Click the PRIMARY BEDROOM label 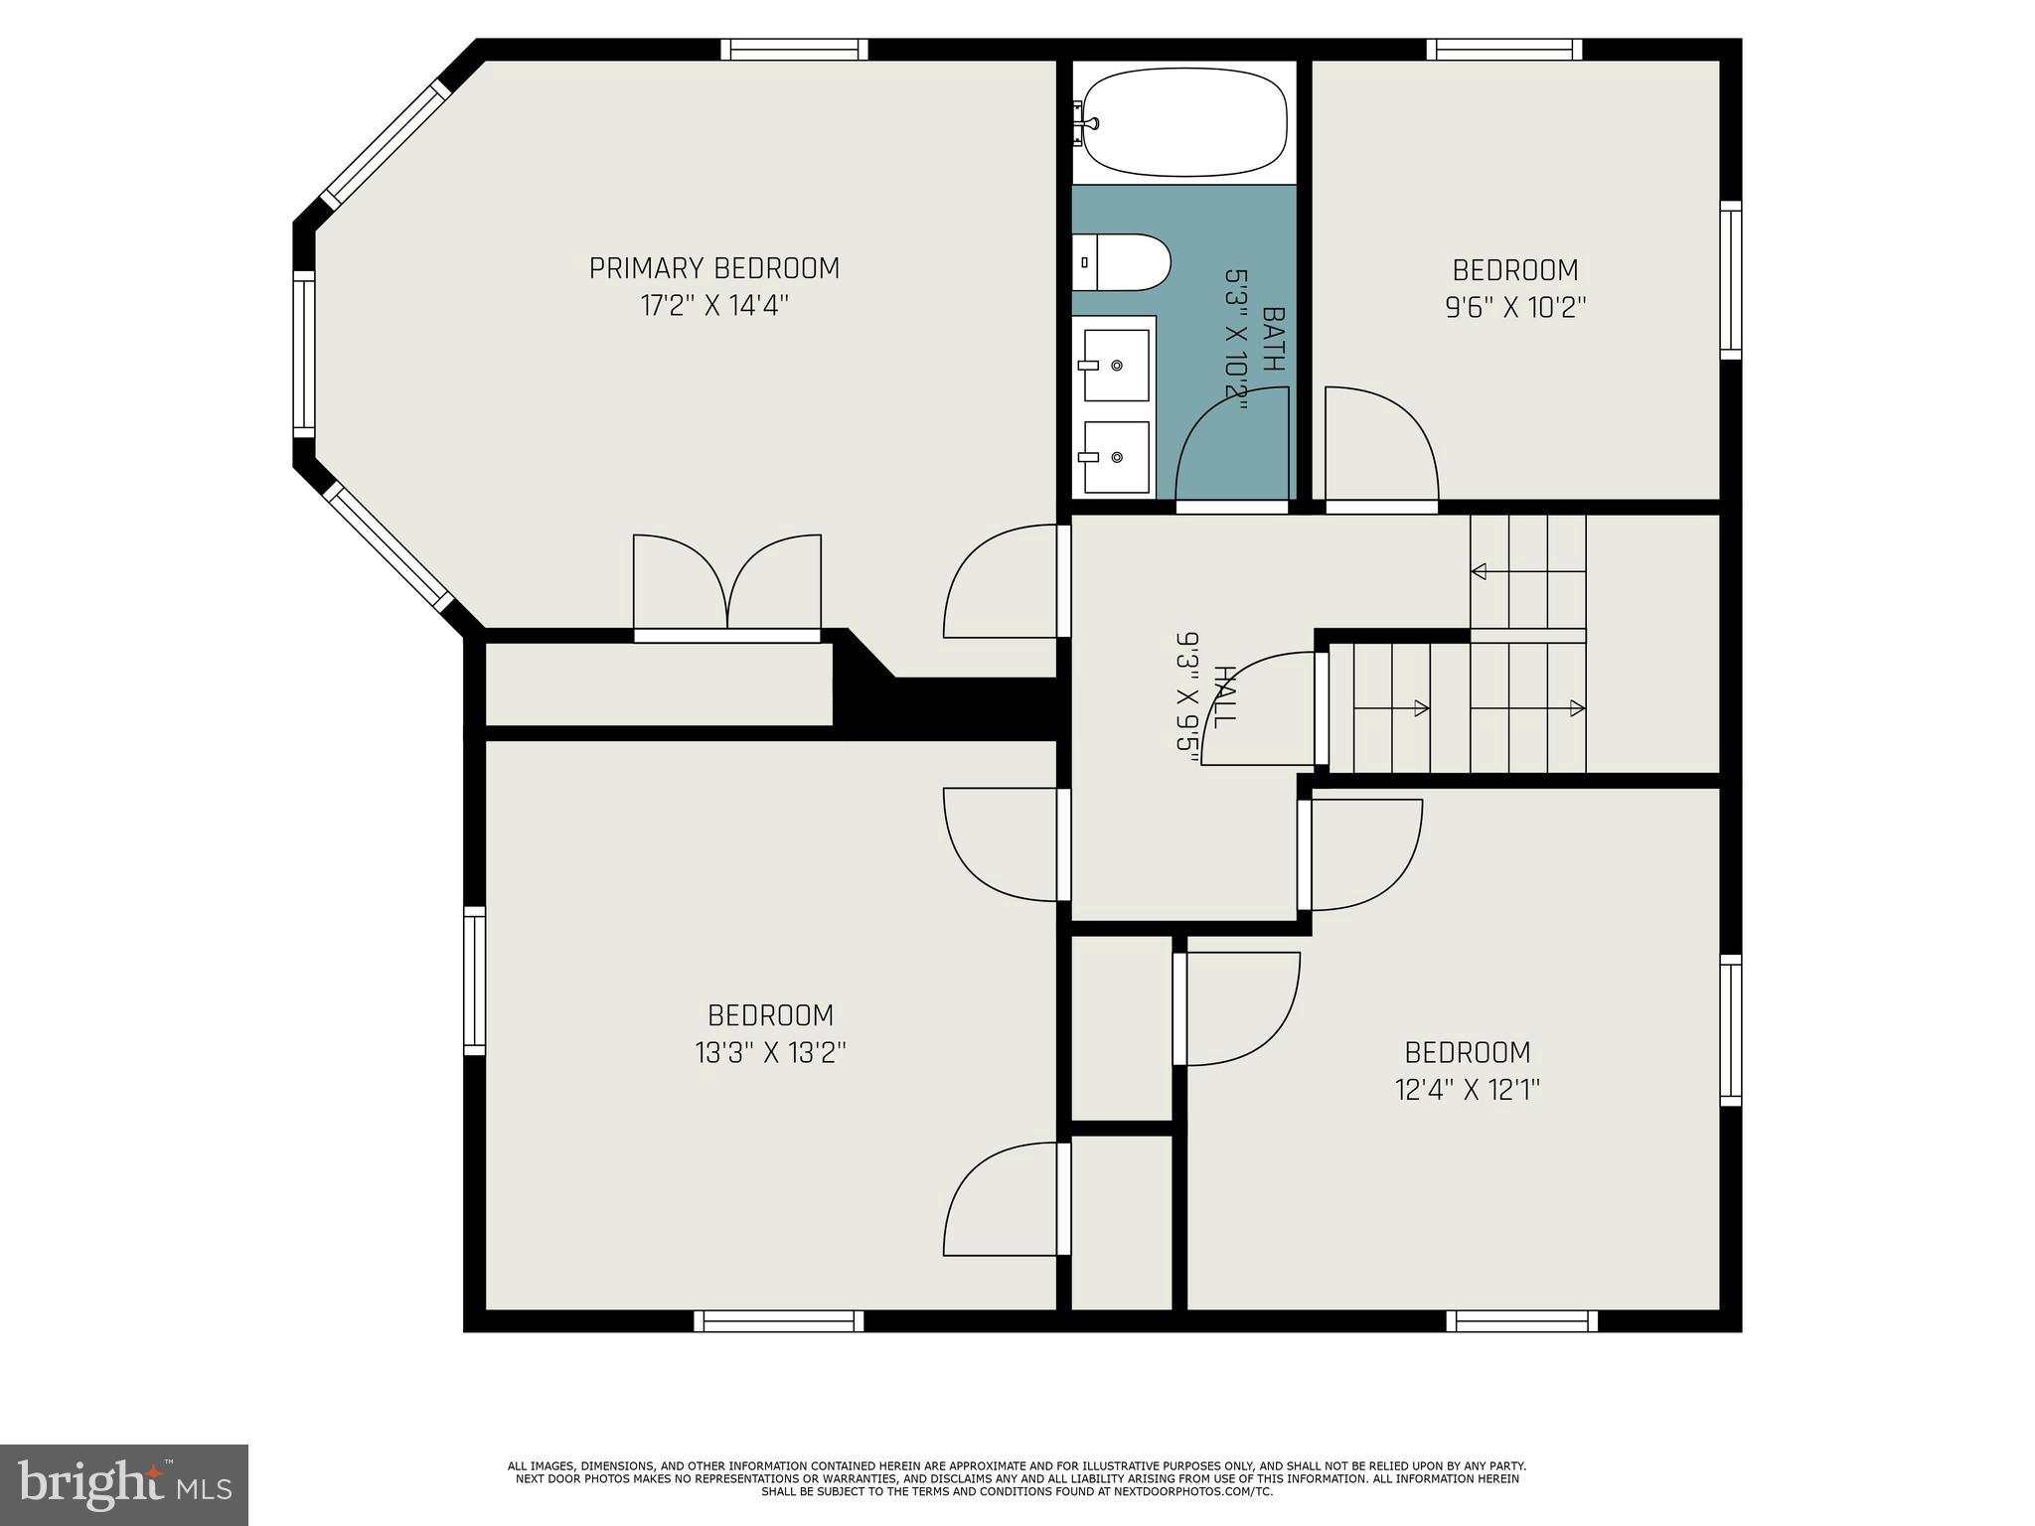coord(714,268)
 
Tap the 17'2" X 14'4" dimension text coord(714,305)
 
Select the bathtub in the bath coord(1184,123)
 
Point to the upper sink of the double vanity coord(1116,366)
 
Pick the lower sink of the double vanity coord(1116,457)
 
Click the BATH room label coord(1273,339)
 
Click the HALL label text coord(1224,697)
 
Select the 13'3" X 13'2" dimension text coord(771,1052)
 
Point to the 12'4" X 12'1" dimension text coord(1468,1090)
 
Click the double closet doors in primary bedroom coord(727,586)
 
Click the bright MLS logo coord(124,1485)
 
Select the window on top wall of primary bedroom coord(794,50)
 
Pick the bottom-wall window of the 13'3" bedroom coord(779,1320)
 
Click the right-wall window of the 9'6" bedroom coord(1731,280)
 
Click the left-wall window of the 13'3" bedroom coord(475,981)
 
